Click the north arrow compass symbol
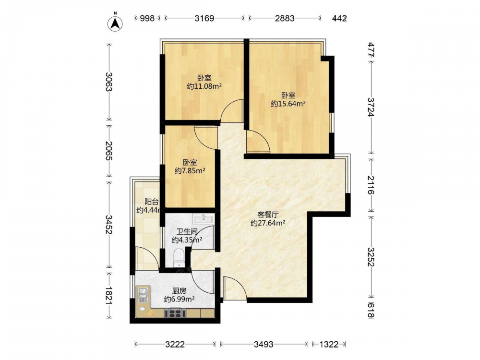pyautogui.click(x=115, y=23)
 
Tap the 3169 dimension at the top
pyautogui.click(x=204, y=18)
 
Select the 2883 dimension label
pyautogui.click(x=285, y=18)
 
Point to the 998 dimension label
pyautogui.click(x=147, y=18)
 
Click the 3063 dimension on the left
pyautogui.click(x=109, y=82)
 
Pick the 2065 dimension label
pyautogui.click(x=109, y=151)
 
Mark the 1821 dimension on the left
pyautogui.click(x=109, y=295)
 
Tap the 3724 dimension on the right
pyautogui.click(x=371, y=107)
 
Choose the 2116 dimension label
pyautogui.click(x=371, y=185)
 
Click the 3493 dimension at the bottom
pyautogui.click(x=264, y=345)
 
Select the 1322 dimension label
pyautogui.click(x=329, y=345)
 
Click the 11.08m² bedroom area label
pyautogui.click(x=204, y=86)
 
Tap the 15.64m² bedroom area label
pyautogui.click(x=288, y=104)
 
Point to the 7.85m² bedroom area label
pyautogui.click(x=190, y=171)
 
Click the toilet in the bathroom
pyautogui.click(x=178, y=258)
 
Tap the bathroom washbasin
pyautogui.click(x=203, y=219)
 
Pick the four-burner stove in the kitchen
pyautogui.click(x=175, y=313)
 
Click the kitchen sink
pyautogui.click(x=143, y=295)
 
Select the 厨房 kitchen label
pyautogui.click(x=180, y=291)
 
